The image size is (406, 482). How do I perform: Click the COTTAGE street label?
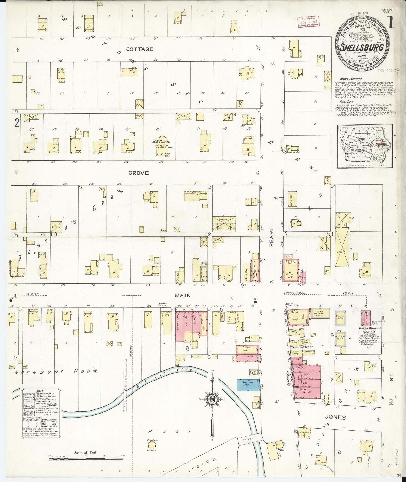coord(140,49)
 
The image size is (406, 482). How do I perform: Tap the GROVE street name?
coord(138,173)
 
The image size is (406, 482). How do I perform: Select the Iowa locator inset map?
coord(365,147)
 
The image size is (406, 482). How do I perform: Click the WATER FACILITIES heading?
coord(347,79)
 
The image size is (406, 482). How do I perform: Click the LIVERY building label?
coord(342,252)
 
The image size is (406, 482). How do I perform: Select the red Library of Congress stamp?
coord(308,22)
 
